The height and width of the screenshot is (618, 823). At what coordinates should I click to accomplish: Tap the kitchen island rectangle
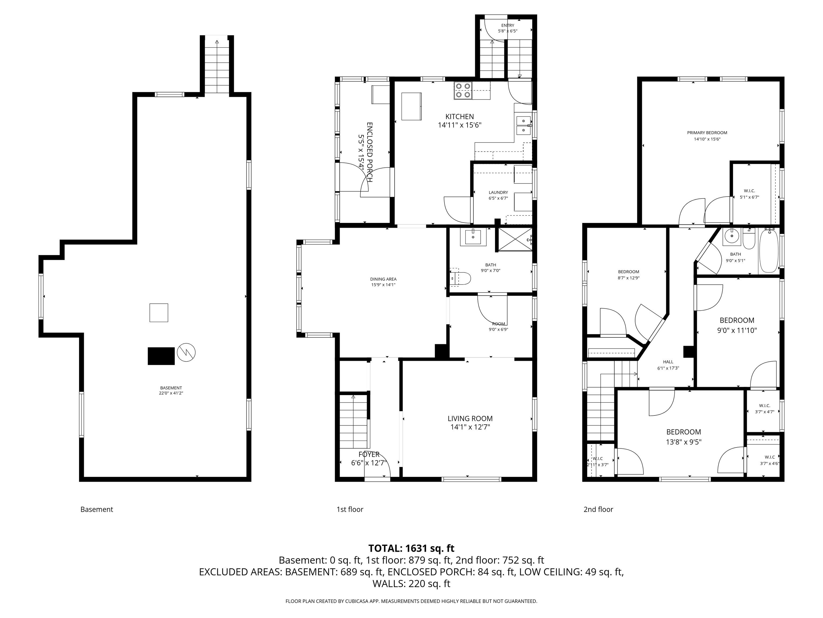click(x=411, y=106)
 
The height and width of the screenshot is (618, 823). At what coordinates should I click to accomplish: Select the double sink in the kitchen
click(x=523, y=126)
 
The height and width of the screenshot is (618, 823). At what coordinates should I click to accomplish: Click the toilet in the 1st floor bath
click(x=461, y=278)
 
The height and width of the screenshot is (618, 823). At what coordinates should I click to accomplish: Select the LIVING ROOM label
click(x=470, y=418)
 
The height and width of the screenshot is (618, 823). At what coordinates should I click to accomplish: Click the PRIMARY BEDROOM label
click(x=707, y=133)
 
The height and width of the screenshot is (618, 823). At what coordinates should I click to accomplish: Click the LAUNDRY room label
click(x=498, y=193)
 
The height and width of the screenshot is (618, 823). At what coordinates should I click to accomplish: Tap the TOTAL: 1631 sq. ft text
click(x=411, y=548)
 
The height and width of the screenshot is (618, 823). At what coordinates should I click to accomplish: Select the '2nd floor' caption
click(x=598, y=509)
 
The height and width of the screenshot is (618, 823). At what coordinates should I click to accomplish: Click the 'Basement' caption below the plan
click(x=97, y=509)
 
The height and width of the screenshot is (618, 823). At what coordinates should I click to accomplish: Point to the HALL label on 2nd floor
click(x=668, y=362)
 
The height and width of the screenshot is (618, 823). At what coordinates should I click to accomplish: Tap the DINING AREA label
click(x=383, y=279)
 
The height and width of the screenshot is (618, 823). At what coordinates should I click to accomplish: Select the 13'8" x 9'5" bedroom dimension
click(x=683, y=442)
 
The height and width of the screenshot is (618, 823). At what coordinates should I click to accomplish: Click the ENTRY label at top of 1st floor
click(x=507, y=25)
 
